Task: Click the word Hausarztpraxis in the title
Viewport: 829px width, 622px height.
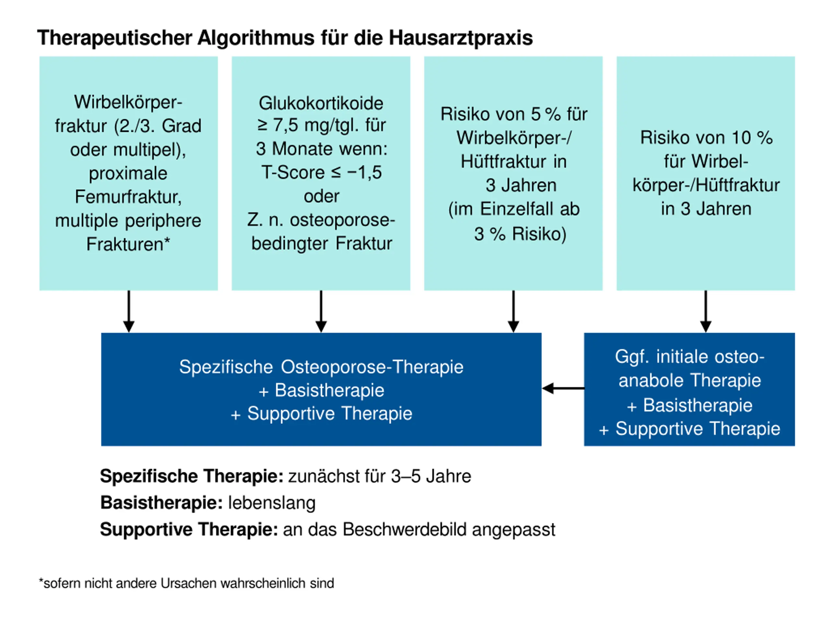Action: click(x=460, y=38)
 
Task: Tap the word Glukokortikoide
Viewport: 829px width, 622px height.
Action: click(x=321, y=103)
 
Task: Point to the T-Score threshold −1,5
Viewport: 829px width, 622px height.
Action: click(x=364, y=172)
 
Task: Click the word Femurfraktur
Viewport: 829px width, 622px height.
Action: click(x=128, y=197)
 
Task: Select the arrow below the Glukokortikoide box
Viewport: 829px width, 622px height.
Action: click(x=321, y=312)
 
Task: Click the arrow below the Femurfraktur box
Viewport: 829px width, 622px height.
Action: click(x=129, y=312)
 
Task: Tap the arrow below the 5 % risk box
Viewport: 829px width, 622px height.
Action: click(x=514, y=312)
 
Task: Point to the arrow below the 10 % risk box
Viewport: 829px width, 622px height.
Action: click(x=706, y=312)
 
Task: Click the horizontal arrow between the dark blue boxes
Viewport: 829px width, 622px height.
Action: click(x=563, y=388)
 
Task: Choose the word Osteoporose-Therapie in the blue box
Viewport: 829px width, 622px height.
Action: click(x=372, y=367)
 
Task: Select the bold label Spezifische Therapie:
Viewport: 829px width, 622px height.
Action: click(x=191, y=476)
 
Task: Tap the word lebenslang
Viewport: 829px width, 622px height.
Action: click(x=272, y=503)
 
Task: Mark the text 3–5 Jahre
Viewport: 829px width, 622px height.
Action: click(x=431, y=476)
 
